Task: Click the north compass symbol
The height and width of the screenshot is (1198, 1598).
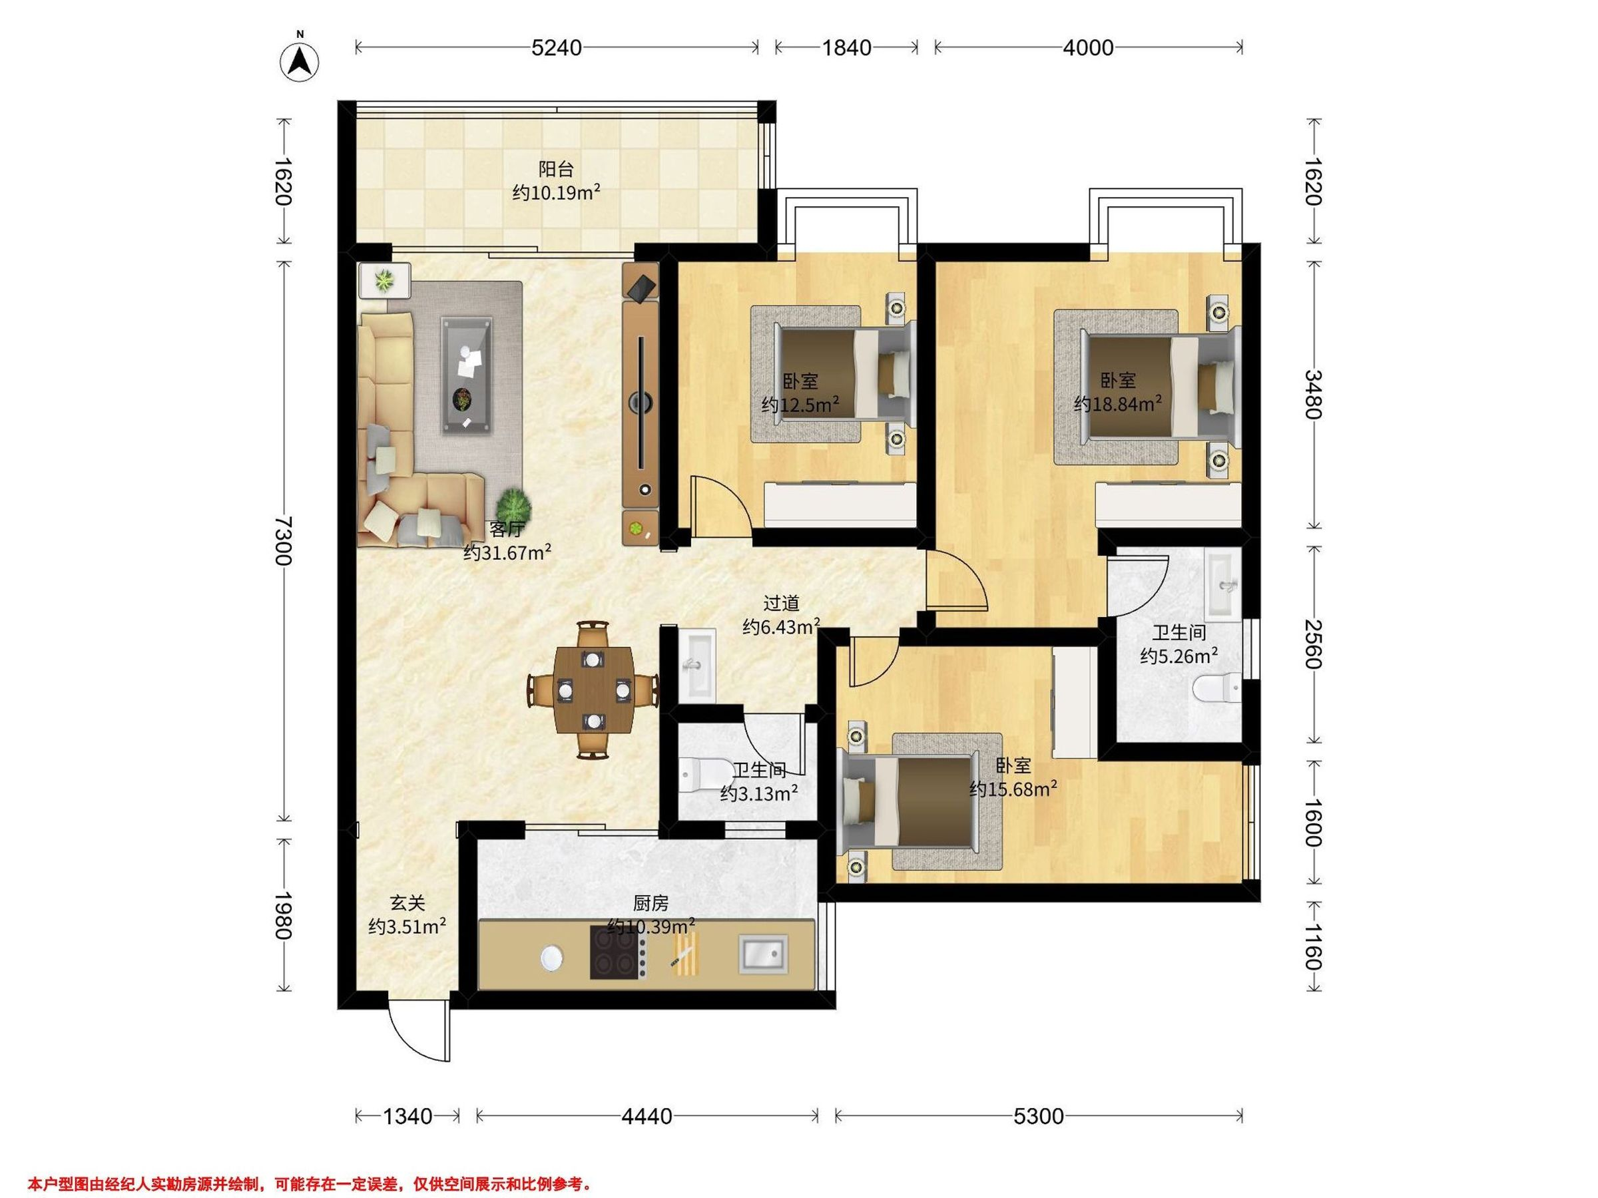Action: coord(300,61)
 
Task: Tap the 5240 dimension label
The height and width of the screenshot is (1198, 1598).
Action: coord(556,48)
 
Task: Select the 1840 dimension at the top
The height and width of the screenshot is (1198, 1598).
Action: coord(847,48)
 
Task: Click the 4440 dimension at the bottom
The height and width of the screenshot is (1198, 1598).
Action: coord(647,1116)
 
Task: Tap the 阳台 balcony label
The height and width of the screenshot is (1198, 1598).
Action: coord(556,170)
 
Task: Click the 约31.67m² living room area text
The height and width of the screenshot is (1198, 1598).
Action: coord(508,553)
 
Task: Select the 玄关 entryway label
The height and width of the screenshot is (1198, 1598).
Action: coord(407,902)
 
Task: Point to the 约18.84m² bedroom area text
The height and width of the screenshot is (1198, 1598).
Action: coord(1117,404)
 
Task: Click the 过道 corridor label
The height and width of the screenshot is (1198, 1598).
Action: coord(782,603)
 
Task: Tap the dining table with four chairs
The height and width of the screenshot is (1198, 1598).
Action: coord(593,690)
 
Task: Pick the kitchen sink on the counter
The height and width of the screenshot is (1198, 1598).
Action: coord(763,952)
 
